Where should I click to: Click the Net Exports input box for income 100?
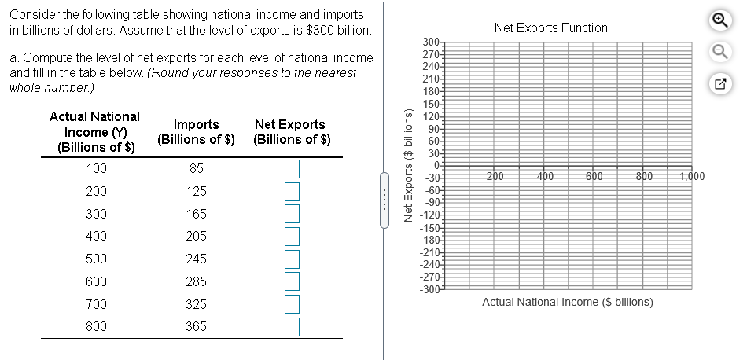click(x=292, y=168)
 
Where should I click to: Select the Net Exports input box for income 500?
click(x=292, y=259)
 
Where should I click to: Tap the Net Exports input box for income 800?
click(x=292, y=326)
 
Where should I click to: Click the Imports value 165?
click(x=197, y=214)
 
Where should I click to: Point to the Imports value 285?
click(x=197, y=281)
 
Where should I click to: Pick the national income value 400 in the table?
click(x=97, y=236)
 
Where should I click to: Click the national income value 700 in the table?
click(x=97, y=304)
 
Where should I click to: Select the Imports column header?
click(x=197, y=132)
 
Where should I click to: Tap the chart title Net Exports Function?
click(x=550, y=28)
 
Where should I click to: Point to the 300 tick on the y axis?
click(x=430, y=42)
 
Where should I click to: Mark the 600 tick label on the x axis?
click(x=594, y=176)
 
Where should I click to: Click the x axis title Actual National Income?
click(x=567, y=302)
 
